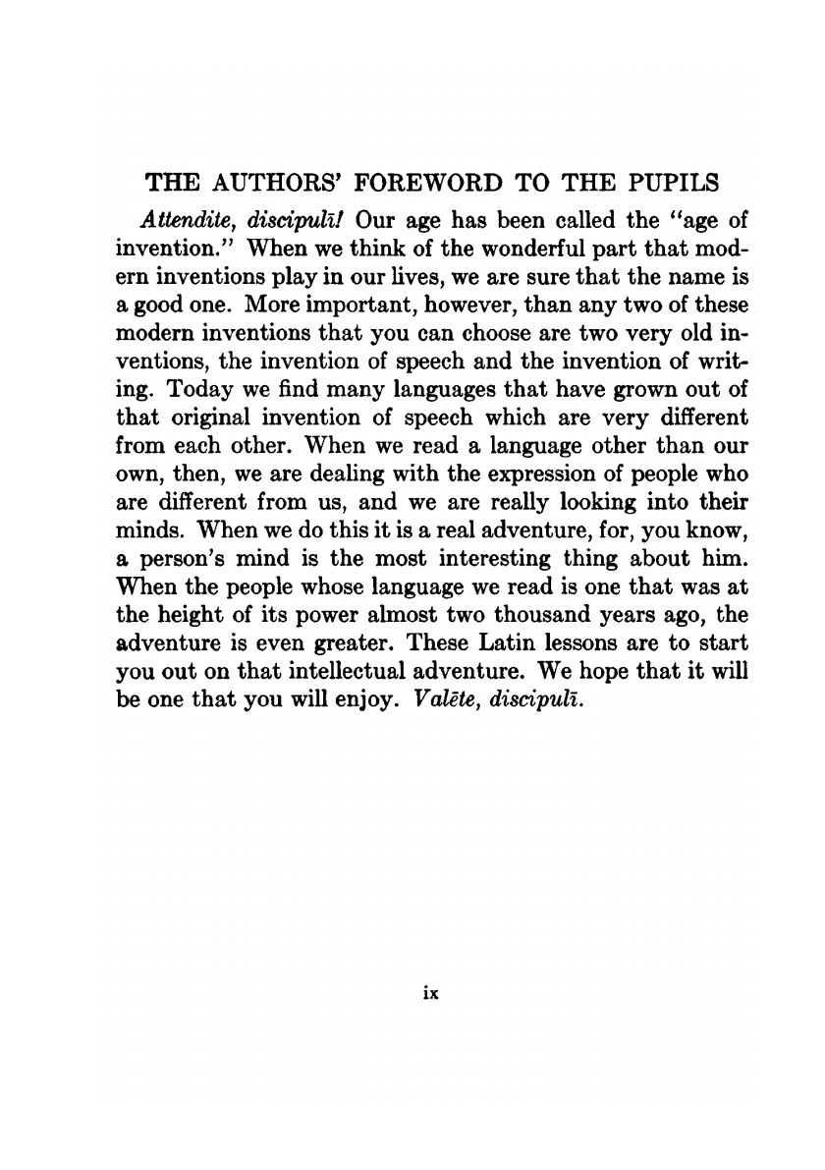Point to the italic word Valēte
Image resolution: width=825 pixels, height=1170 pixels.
(x=417, y=705)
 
